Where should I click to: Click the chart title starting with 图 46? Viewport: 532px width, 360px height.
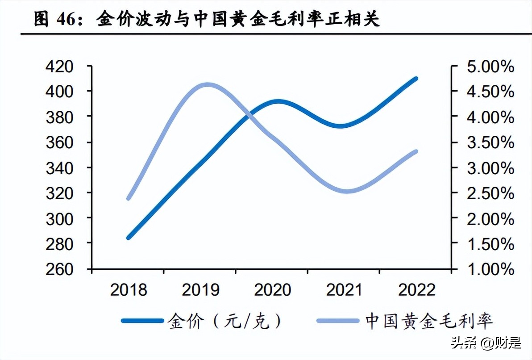[x=207, y=20]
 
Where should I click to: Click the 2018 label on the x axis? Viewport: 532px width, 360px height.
[x=128, y=290]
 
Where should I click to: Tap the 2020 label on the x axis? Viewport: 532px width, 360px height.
[x=272, y=290]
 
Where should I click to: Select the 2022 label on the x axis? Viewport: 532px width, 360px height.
[x=416, y=290]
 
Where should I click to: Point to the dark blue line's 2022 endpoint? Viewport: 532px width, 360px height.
[x=416, y=79]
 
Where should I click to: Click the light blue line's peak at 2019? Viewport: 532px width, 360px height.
[x=206, y=85]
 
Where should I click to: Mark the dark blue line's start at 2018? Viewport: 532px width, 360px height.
[x=129, y=238]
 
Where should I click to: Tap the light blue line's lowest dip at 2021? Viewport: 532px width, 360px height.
[x=345, y=191]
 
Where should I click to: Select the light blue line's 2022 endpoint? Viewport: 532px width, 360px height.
[x=416, y=152]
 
